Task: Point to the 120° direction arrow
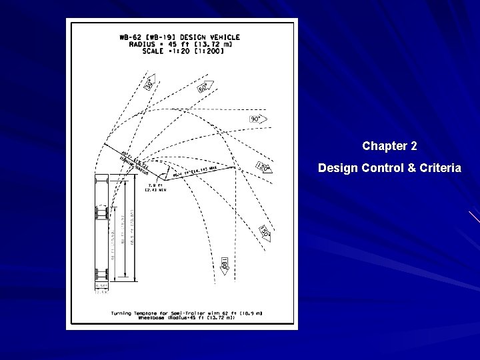click(263, 167)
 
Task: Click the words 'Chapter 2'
click(389, 145)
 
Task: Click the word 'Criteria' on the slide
click(436, 168)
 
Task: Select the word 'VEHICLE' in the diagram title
click(223, 37)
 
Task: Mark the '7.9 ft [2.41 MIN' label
click(155, 187)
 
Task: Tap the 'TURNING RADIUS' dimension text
click(133, 163)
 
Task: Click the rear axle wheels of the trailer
click(102, 275)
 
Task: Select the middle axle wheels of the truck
click(102, 212)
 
